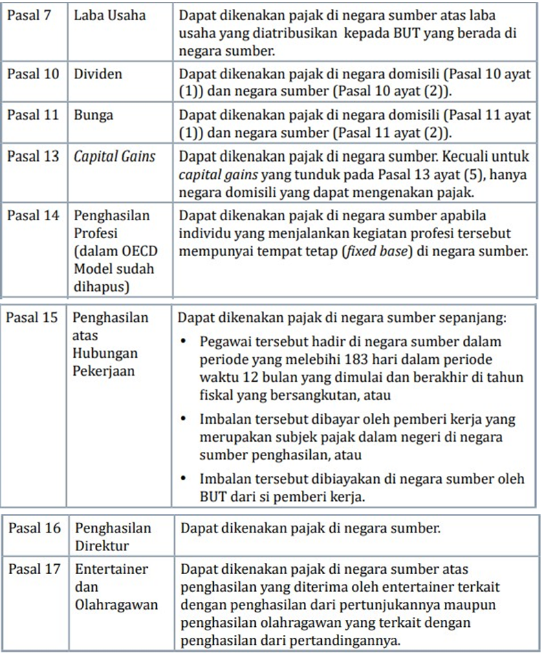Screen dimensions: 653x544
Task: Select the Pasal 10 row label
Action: pos(33,74)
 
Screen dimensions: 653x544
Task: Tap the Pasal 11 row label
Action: pos(33,115)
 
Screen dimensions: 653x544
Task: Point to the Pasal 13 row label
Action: pos(33,156)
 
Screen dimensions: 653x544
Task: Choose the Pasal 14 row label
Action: pos(33,215)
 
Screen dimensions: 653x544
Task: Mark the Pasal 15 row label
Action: pos(32,318)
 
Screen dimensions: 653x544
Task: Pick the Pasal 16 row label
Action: pos(34,530)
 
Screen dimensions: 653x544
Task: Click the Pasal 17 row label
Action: pos(34,570)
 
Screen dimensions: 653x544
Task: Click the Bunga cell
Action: pos(94,115)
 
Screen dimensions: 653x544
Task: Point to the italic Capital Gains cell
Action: pos(115,156)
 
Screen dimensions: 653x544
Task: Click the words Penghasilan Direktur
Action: pos(112,537)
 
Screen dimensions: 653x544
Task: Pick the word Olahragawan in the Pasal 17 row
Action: pos(117,605)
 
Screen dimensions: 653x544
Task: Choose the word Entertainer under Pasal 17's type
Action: pos(111,570)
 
